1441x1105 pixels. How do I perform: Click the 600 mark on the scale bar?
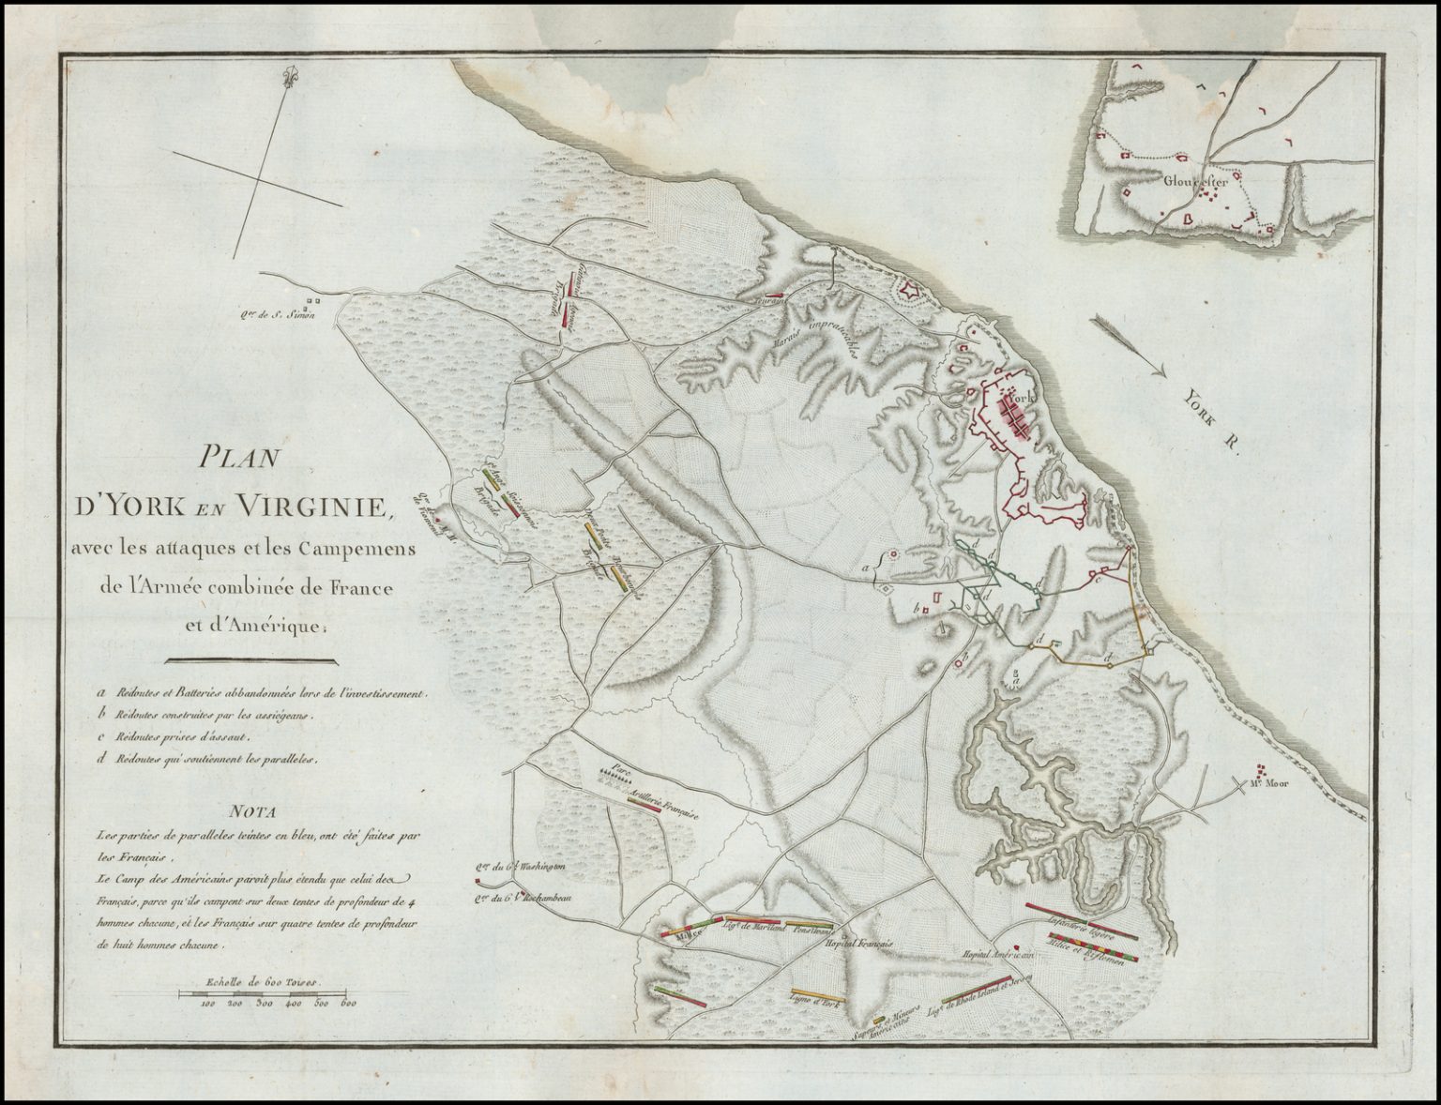349,1004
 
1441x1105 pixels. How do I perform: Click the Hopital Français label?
858,941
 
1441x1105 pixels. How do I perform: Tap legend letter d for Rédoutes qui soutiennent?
99,761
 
